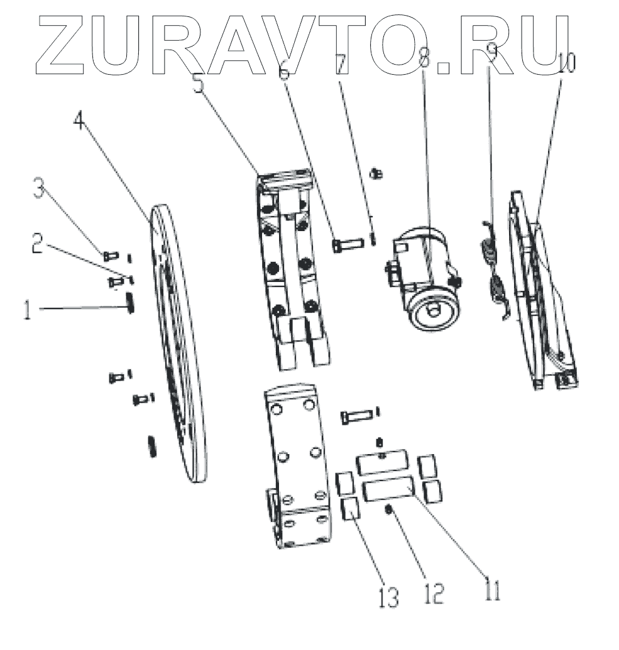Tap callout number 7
pos(340,65)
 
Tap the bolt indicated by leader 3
pos(110,255)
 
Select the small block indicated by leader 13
pos(349,509)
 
